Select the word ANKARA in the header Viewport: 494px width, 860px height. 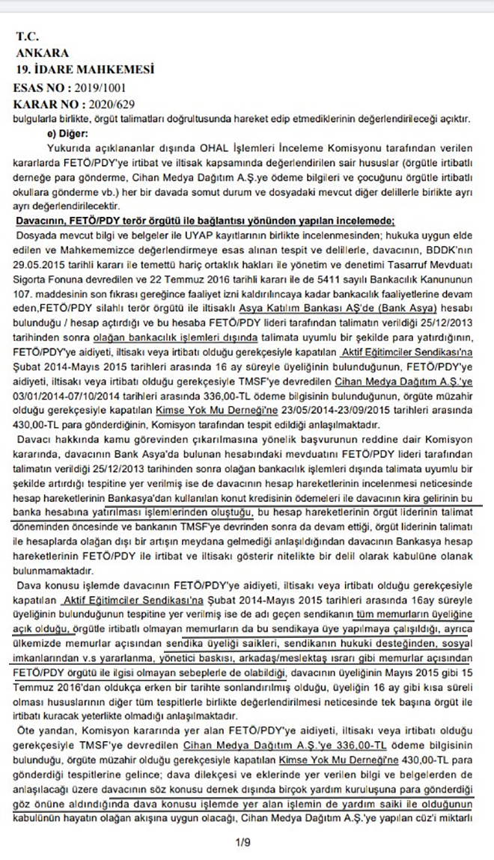click(42, 53)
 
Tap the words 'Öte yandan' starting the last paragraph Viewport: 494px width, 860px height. click(46, 728)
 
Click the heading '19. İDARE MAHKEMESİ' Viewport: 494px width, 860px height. click(85, 70)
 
